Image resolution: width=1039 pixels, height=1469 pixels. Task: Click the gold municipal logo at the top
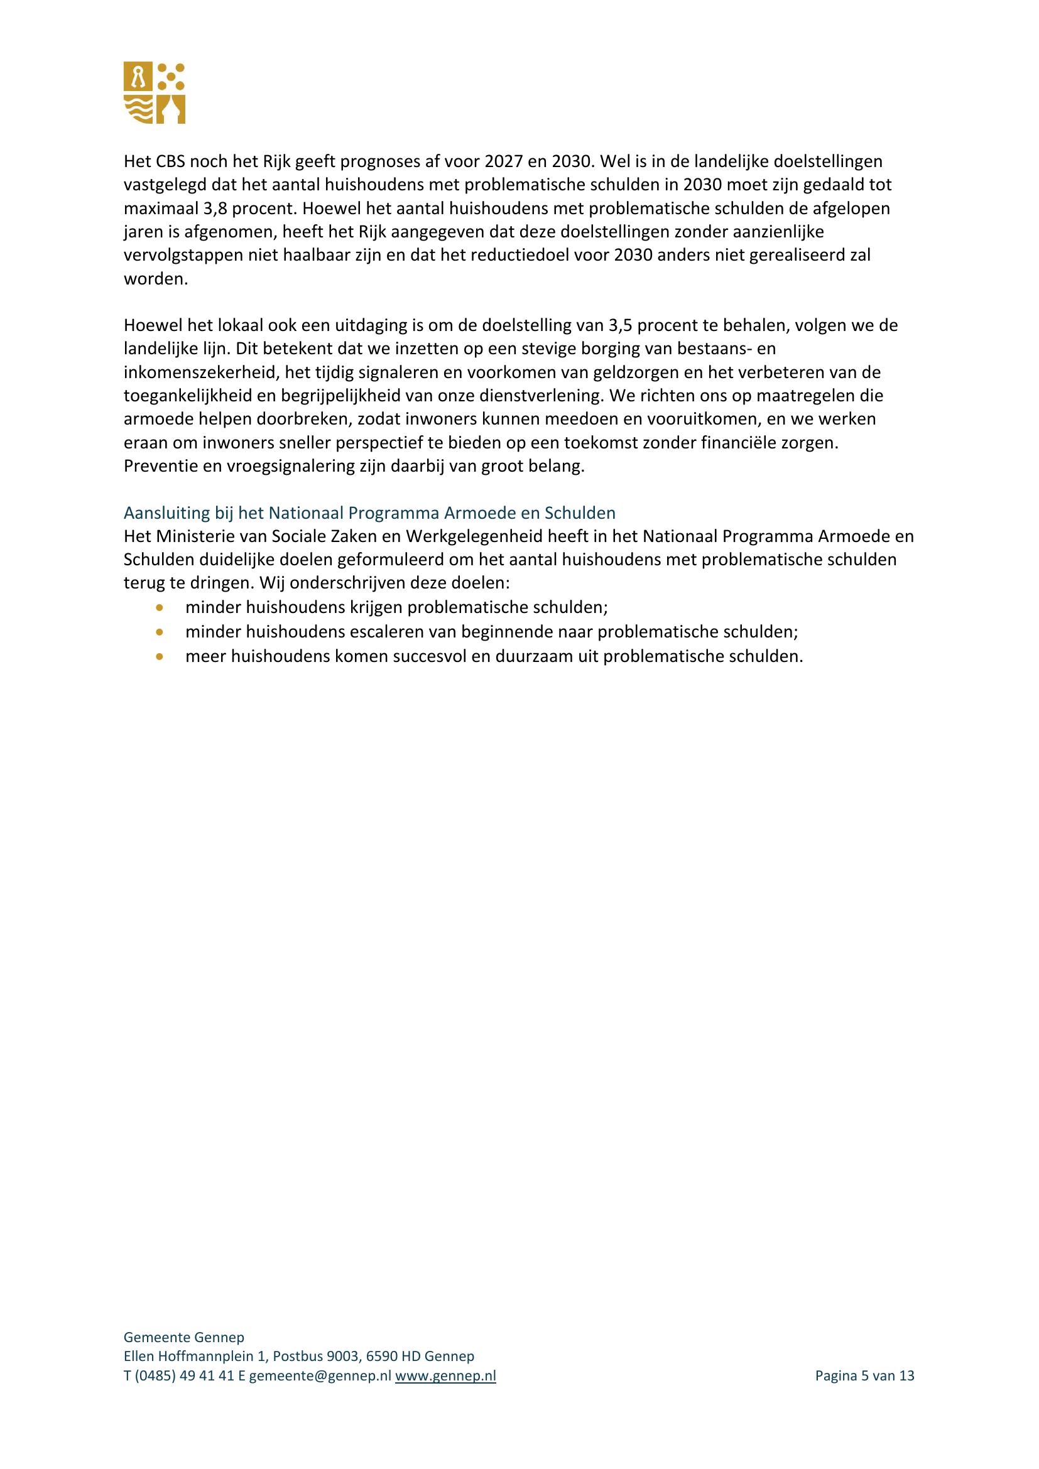pyautogui.click(x=154, y=93)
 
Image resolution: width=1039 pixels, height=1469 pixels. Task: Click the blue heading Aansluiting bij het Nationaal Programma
pyautogui.click(x=369, y=512)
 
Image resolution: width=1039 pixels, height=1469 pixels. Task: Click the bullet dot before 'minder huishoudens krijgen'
pyautogui.click(x=160, y=607)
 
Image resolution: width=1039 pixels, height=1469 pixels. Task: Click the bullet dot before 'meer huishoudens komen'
pyautogui.click(x=160, y=656)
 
